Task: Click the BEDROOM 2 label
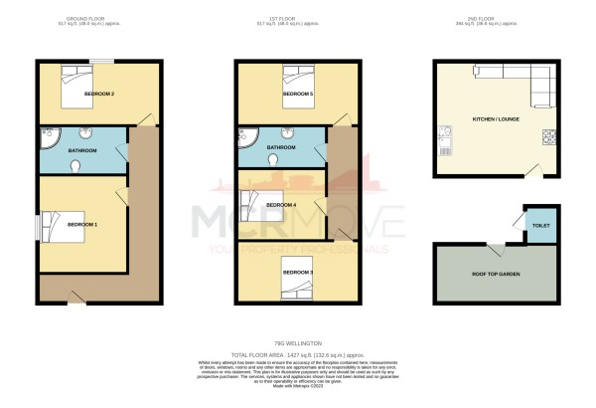pos(98,94)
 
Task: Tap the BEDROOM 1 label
pos(81,225)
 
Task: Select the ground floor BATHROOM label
pos(81,150)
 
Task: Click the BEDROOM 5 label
pos(297,94)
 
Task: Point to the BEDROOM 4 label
pos(283,205)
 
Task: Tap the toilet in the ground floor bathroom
pos(75,167)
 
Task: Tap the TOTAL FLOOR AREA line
pos(297,354)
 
